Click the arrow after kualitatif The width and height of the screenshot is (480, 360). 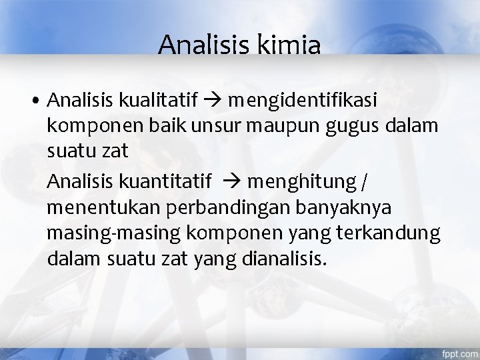(213, 102)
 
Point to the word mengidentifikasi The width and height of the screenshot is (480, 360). (302, 102)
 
